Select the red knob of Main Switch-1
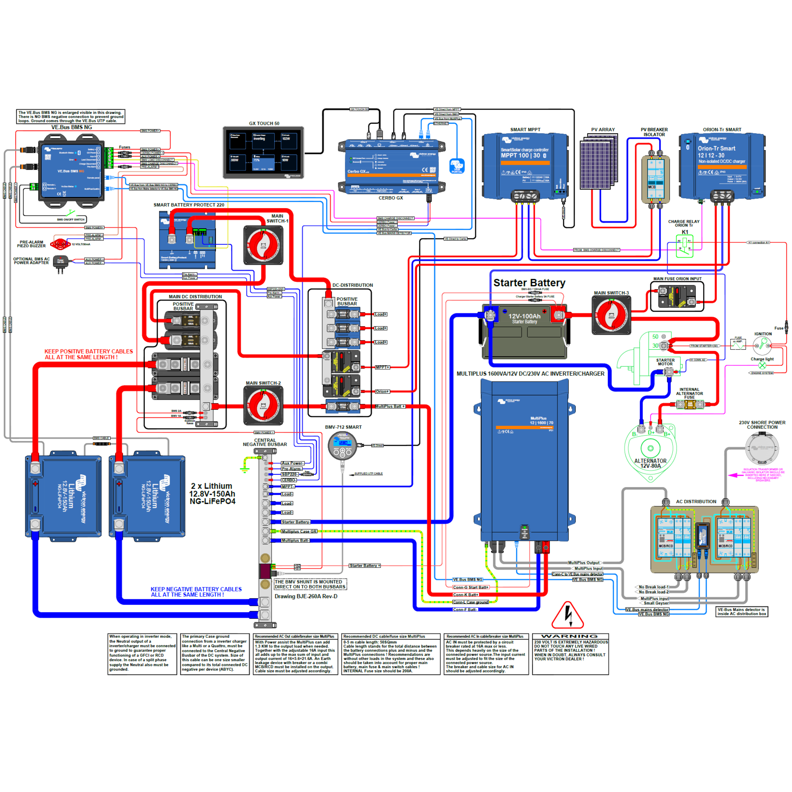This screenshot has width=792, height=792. [x=263, y=245]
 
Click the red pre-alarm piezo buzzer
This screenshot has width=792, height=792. [x=60, y=244]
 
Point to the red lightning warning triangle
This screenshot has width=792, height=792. [x=568, y=616]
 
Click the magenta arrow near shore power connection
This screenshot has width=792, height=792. [x=734, y=475]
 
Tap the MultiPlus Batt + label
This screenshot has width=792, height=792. [x=390, y=406]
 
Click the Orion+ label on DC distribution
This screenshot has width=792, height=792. [x=382, y=392]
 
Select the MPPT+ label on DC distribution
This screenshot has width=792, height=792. [x=382, y=367]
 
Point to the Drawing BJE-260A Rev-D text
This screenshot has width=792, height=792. [x=306, y=597]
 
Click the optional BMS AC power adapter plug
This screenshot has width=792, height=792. [x=61, y=262]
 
